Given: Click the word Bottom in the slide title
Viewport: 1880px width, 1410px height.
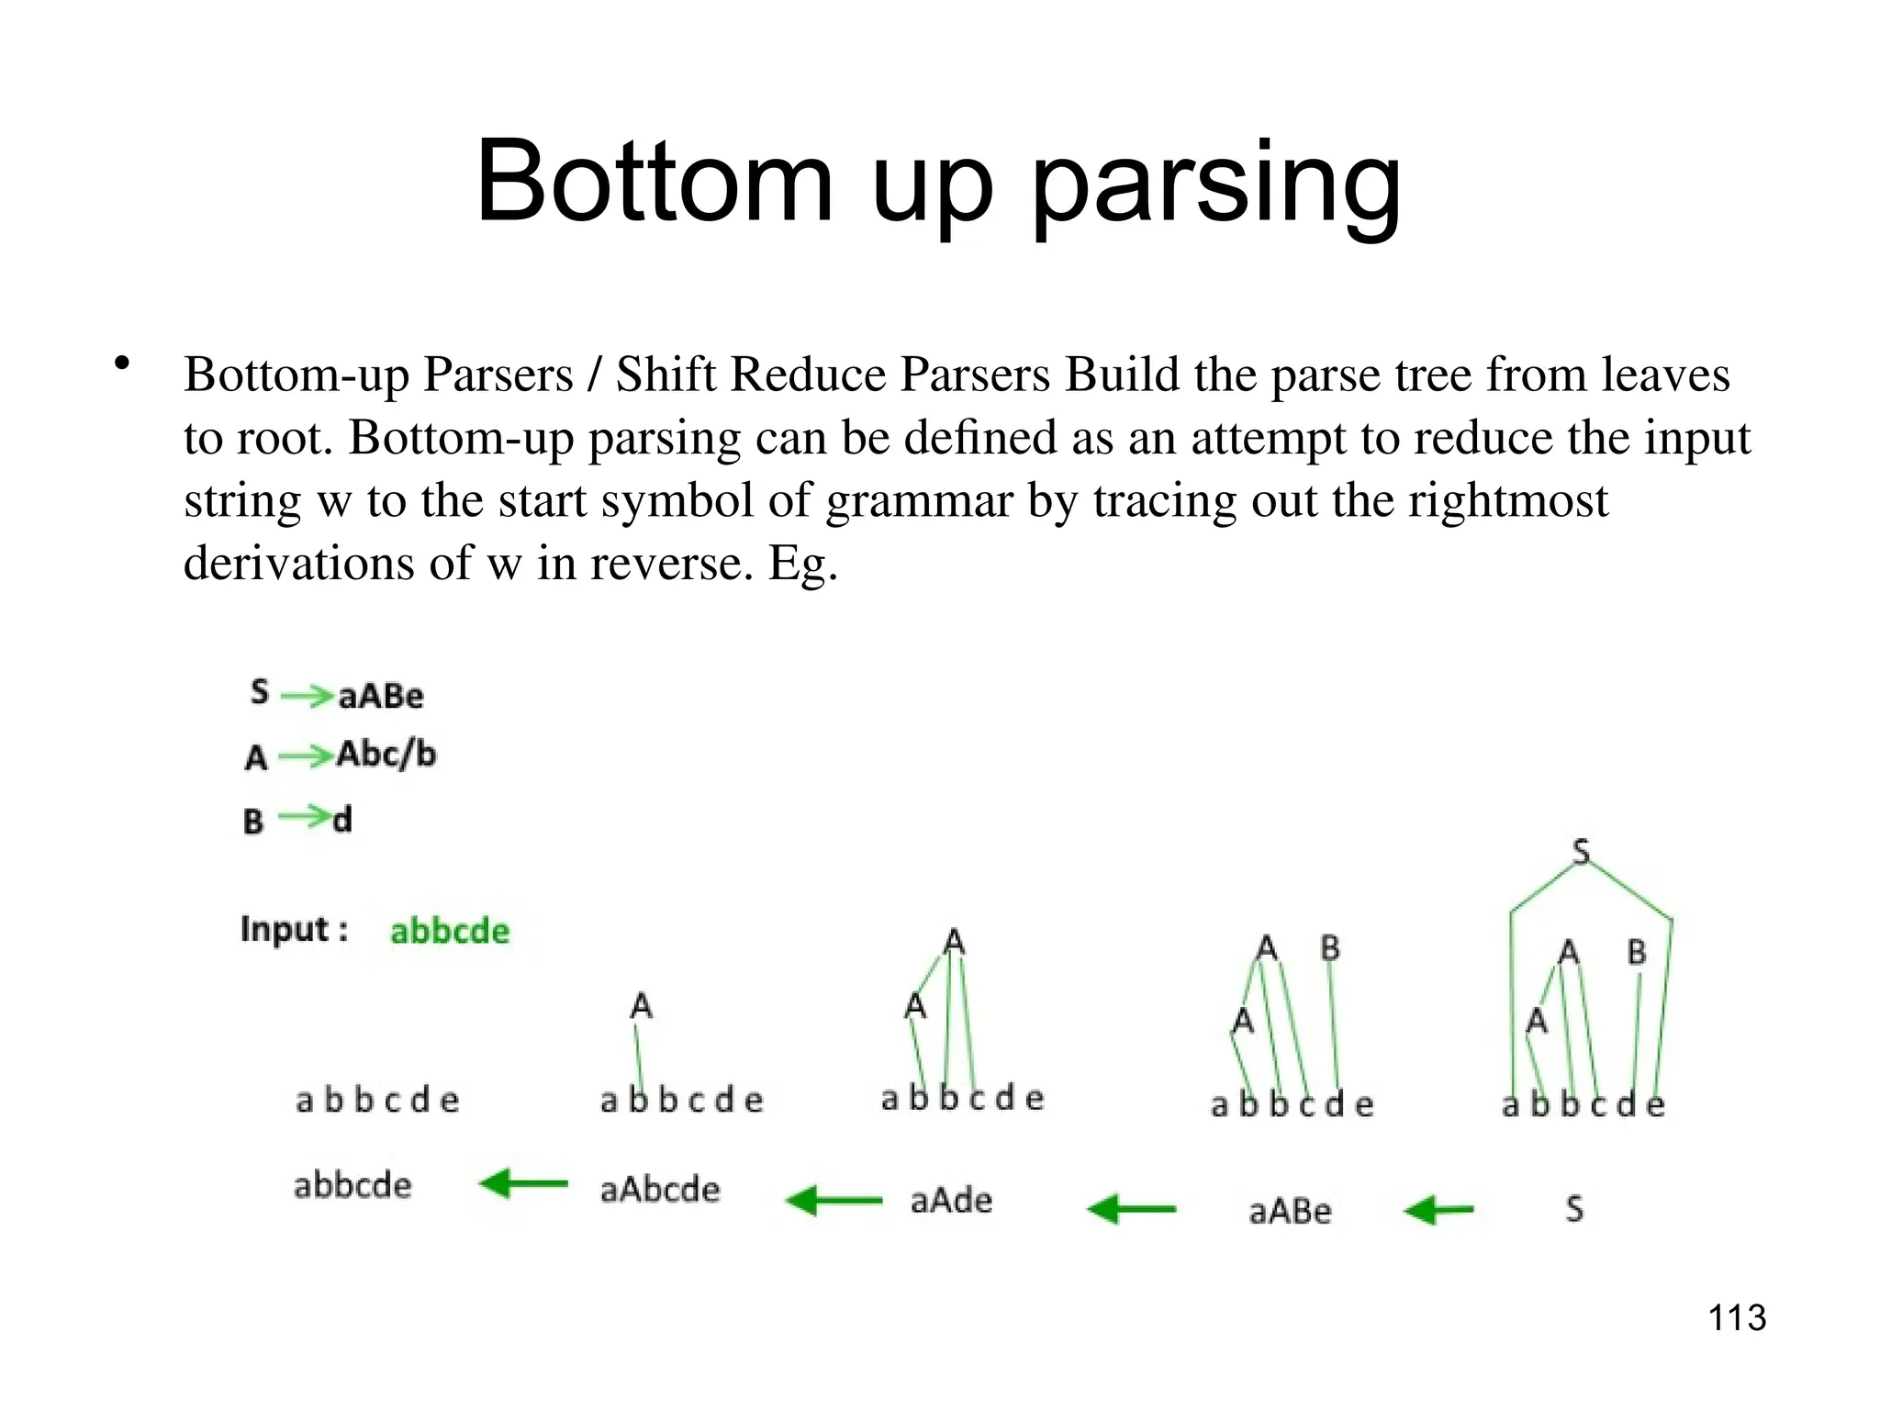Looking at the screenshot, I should click(x=654, y=181).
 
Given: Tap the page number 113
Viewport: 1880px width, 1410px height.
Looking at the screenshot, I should click(x=1737, y=1318).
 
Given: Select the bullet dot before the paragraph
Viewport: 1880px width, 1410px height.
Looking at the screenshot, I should click(x=121, y=364).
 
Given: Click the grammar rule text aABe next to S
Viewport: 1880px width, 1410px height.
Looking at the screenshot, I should click(x=381, y=696).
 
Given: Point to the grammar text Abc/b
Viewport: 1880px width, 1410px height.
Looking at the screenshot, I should click(x=386, y=755).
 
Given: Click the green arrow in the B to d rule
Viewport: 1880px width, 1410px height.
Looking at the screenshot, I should click(x=304, y=816).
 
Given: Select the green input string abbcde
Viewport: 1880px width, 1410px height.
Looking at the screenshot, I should click(x=450, y=931).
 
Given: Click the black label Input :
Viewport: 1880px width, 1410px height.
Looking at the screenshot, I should click(x=295, y=929).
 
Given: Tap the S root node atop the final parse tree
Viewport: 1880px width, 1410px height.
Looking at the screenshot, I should click(x=1581, y=852).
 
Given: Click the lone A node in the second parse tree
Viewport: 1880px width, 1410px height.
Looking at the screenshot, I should click(x=641, y=1006).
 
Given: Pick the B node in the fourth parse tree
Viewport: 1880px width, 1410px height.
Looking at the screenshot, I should click(x=1330, y=947).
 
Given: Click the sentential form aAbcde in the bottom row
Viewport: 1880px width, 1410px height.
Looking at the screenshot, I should click(x=660, y=1190).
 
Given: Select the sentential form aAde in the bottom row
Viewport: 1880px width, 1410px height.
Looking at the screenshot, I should click(x=951, y=1201).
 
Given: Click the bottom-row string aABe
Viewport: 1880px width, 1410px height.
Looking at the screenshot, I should click(x=1290, y=1212).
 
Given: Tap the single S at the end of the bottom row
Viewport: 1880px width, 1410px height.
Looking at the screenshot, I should click(x=1574, y=1209).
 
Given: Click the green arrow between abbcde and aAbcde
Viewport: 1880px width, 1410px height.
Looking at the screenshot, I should click(x=524, y=1183).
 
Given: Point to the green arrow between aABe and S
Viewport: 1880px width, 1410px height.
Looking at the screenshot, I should click(x=1439, y=1210).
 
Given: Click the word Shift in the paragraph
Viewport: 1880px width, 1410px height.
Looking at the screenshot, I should click(x=666, y=375).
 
